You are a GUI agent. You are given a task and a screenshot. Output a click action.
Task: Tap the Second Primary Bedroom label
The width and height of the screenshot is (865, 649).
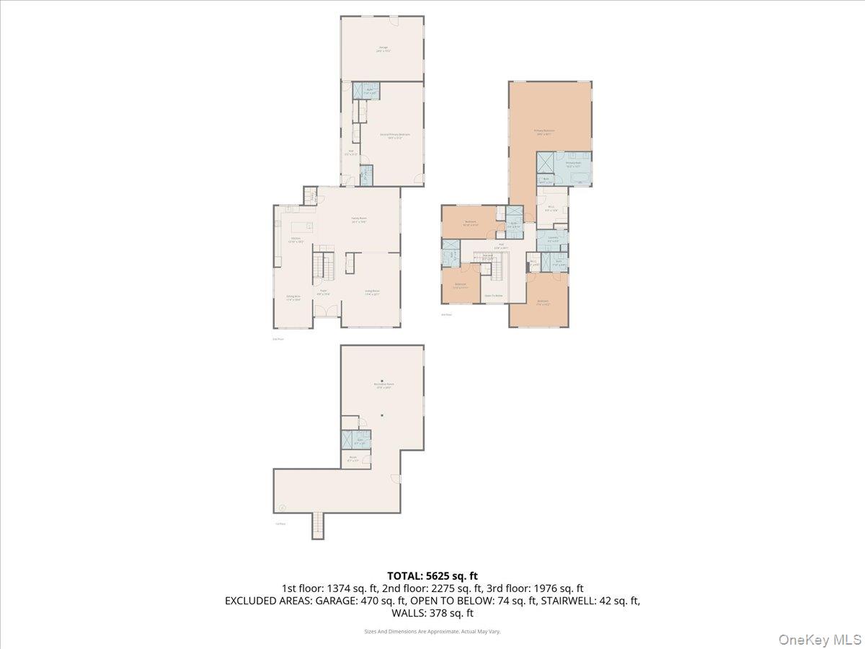pos(390,135)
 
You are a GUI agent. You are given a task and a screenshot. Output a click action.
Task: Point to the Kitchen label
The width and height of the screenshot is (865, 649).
pos(296,240)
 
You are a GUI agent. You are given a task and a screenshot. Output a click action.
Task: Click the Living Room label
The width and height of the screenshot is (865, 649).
pos(371,292)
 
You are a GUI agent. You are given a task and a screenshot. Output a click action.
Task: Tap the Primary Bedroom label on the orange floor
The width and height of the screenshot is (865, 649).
pos(543,132)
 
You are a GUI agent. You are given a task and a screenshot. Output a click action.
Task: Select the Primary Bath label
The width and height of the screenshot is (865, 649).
pos(573,164)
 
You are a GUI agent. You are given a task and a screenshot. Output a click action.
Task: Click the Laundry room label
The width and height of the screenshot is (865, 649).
pos(553,238)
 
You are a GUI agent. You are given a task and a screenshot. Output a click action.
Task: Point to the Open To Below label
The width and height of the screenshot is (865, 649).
pos(493,296)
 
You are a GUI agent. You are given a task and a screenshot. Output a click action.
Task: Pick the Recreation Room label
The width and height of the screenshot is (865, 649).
pos(383,385)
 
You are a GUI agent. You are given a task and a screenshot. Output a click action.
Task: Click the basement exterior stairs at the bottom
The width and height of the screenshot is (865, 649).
pos(318,526)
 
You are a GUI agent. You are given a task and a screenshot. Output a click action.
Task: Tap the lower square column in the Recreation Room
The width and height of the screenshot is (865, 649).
pos(383,414)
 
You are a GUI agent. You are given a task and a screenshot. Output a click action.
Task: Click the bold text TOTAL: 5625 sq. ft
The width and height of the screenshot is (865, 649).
pos(432,575)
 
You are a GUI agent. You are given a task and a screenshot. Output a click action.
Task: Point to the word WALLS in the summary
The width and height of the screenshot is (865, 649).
pos(409,614)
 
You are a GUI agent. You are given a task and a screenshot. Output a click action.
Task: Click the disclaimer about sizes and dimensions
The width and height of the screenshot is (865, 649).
pos(432,631)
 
